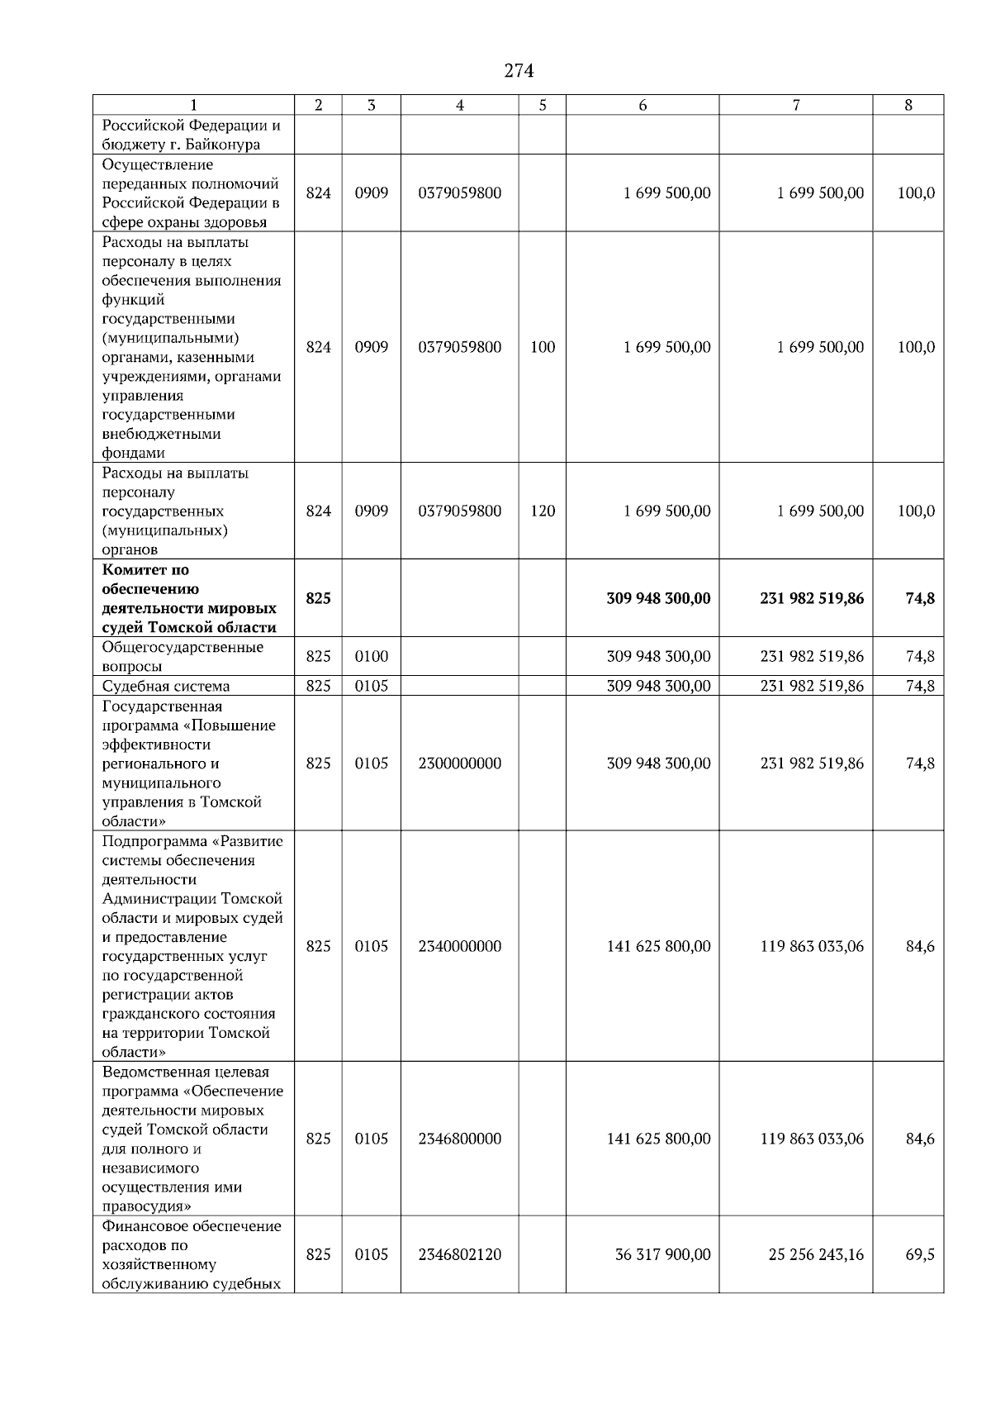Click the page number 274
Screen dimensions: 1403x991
coord(519,71)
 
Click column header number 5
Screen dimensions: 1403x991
coord(542,105)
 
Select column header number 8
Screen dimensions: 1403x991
coord(908,105)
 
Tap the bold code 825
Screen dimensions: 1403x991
coord(318,598)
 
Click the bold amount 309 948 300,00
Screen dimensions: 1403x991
coord(658,598)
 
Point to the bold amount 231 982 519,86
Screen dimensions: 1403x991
coord(812,598)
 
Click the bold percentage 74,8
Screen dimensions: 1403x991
coord(920,598)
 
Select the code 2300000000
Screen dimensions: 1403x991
coord(460,763)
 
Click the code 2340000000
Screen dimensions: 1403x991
coord(460,946)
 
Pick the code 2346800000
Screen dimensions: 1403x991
coord(460,1139)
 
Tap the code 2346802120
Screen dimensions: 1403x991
coord(460,1254)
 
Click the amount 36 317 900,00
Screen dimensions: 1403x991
coord(662,1254)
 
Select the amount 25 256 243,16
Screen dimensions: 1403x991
coord(816,1254)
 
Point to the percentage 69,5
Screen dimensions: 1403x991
coord(920,1254)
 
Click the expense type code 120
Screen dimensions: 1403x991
coord(543,511)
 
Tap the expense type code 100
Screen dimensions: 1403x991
coord(543,347)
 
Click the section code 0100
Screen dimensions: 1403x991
coord(372,657)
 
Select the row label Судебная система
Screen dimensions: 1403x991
coord(166,686)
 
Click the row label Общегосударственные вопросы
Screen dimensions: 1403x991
coord(183,657)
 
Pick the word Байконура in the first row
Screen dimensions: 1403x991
coord(225,145)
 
